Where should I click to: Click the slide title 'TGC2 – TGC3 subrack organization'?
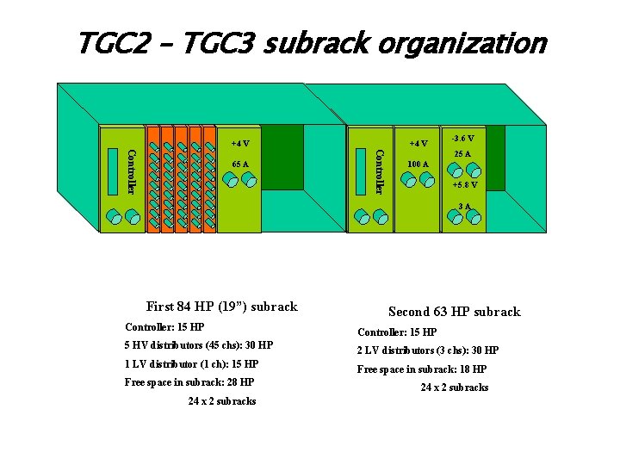pos(311,43)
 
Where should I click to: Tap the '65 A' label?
pos(240,164)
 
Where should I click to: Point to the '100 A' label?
pos(418,164)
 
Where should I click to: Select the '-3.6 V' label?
pos(463,138)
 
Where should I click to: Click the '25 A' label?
pos(463,154)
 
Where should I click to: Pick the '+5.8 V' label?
pos(465,185)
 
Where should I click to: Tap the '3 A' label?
pos(464,206)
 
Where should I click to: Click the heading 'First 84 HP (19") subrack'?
pos(222,307)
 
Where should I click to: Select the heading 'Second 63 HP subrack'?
pos(454,312)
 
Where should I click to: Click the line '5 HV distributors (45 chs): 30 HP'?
pos(199,345)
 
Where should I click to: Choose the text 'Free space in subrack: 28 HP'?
pos(189,381)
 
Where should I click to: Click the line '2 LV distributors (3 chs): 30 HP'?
pos(428,350)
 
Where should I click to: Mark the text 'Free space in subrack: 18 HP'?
pos(422,369)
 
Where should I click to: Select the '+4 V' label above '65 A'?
pos(240,143)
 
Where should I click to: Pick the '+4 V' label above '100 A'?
pos(418,143)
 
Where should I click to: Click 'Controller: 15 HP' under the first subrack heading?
pos(164,327)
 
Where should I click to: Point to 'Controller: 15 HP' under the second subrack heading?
pos(397,332)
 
